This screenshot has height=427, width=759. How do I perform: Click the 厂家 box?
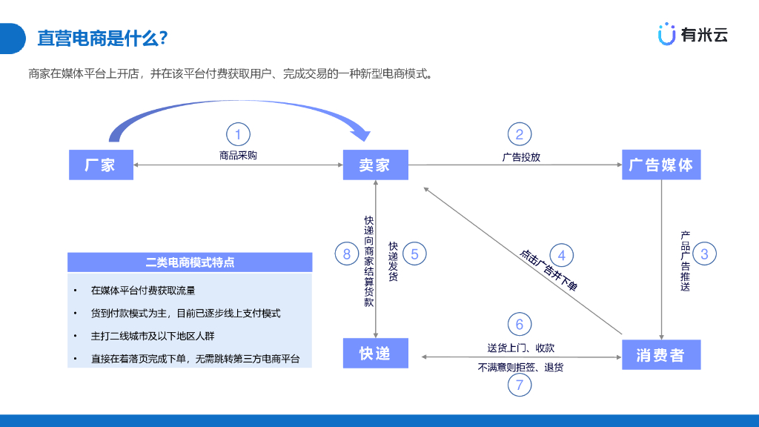click(x=102, y=165)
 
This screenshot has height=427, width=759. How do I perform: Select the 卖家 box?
click(x=375, y=165)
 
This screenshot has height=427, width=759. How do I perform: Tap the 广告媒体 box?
click(x=660, y=165)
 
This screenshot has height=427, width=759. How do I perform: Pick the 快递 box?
click(x=375, y=353)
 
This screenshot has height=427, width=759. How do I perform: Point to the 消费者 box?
click(x=660, y=355)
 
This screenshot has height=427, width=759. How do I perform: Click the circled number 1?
click(x=238, y=135)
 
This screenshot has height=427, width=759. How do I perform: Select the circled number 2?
click(x=520, y=134)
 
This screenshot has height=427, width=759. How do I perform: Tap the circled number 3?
click(x=704, y=254)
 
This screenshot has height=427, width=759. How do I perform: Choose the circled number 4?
click(x=561, y=255)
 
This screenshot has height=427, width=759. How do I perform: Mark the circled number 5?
click(x=414, y=254)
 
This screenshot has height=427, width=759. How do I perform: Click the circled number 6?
click(x=520, y=324)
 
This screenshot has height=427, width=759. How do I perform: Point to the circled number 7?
click(x=520, y=385)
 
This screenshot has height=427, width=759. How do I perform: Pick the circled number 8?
click(x=347, y=254)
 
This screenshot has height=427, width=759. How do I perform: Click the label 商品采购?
click(x=238, y=156)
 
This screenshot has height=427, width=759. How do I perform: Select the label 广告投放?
click(x=521, y=157)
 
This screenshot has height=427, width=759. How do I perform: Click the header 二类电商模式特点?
click(x=190, y=262)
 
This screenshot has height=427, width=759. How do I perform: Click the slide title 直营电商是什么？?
click(x=102, y=38)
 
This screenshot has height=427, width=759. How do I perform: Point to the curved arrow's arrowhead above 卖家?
click(x=362, y=133)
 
